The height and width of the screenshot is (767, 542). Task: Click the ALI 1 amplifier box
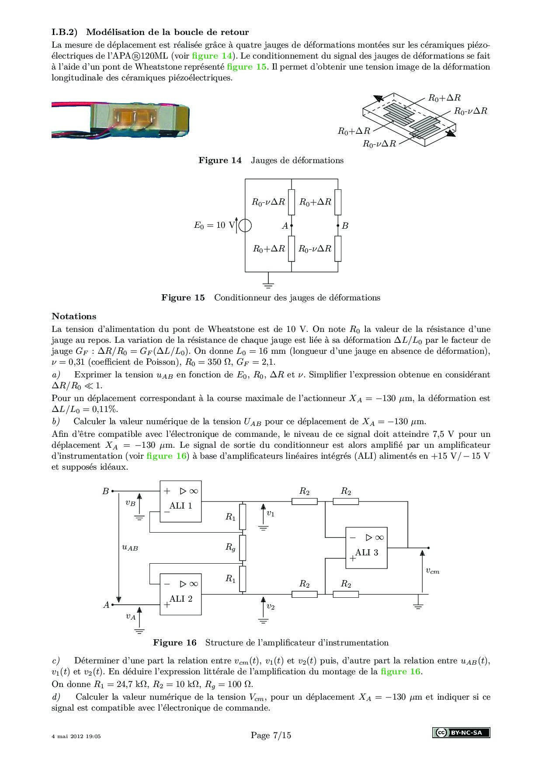(181, 502)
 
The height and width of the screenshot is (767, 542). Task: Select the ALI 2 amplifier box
(181, 594)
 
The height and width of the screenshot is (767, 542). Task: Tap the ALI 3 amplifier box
(366, 548)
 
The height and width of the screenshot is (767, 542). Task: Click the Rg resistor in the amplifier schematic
(243, 547)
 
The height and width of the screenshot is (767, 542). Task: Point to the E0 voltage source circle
(245, 226)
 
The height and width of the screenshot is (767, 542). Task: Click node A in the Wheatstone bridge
(291, 226)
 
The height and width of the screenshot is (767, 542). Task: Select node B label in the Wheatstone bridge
(345, 226)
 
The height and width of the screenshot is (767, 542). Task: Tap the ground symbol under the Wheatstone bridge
(268, 285)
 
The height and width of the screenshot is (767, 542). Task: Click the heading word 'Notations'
(74, 316)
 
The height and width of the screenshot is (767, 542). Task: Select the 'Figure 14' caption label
(220, 160)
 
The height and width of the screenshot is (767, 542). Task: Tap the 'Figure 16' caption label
(175, 642)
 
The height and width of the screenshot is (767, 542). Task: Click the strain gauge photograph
(120, 119)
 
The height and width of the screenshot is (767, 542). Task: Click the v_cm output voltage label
(432, 571)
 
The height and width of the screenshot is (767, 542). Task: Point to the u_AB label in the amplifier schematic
(129, 547)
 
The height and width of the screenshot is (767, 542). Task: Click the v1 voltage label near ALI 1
(271, 513)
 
